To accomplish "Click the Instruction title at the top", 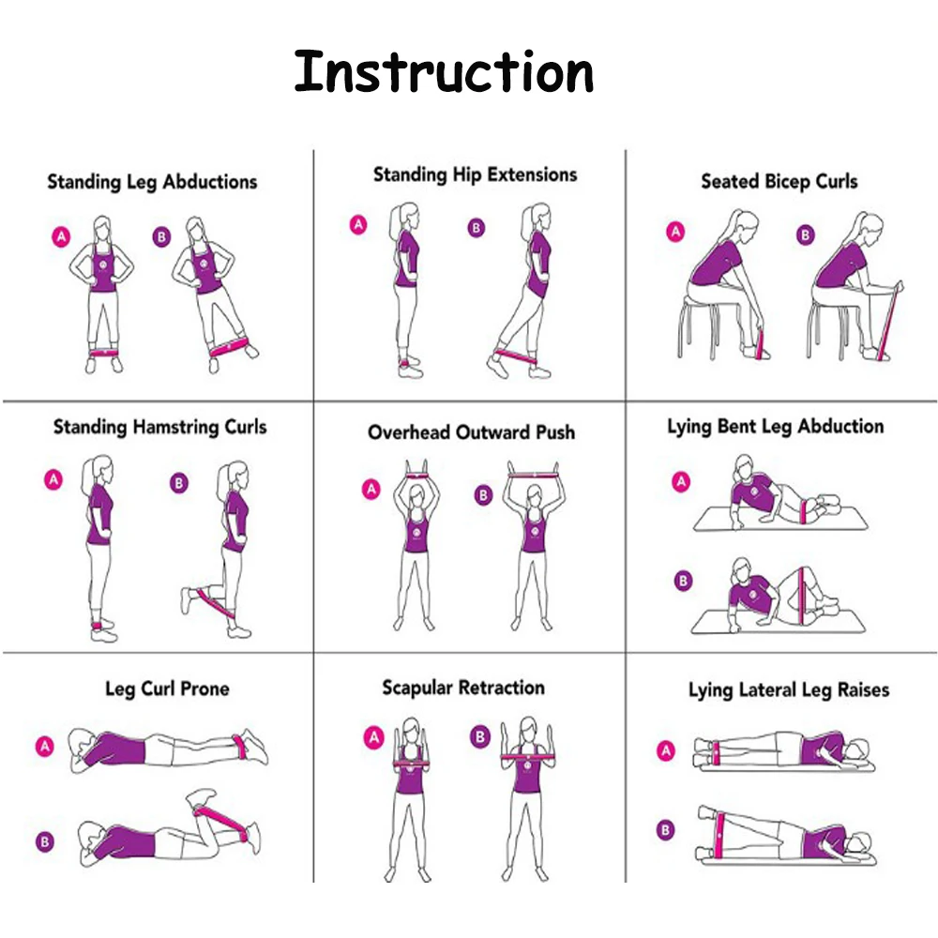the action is click(x=444, y=72).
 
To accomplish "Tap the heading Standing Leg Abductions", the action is click(x=152, y=182).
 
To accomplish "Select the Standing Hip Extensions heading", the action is click(x=475, y=174).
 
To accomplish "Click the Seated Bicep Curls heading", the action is click(x=779, y=181).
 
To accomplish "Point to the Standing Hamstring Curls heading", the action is click(x=159, y=427).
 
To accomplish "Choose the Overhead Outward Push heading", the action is click(x=472, y=431).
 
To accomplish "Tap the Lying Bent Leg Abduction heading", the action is click(x=776, y=427).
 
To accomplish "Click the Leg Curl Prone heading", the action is click(x=167, y=688).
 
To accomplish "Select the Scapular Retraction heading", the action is click(x=463, y=688).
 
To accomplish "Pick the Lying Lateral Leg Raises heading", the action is click(x=789, y=689).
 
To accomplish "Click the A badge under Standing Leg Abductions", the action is click(x=61, y=237).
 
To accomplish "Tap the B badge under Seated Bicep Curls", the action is click(x=805, y=235).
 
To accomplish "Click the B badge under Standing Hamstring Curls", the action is click(x=179, y=483).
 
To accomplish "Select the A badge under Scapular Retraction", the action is click(x=374, y=737).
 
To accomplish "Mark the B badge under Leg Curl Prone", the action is click(x=45, y=841).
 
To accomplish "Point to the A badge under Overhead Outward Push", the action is click(x=371, y=490).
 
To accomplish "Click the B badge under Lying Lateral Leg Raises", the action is click(x=665, y=830).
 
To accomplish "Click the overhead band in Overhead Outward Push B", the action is click(x=533, y=476).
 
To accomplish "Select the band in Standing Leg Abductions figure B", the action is click(x=229, y=346).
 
